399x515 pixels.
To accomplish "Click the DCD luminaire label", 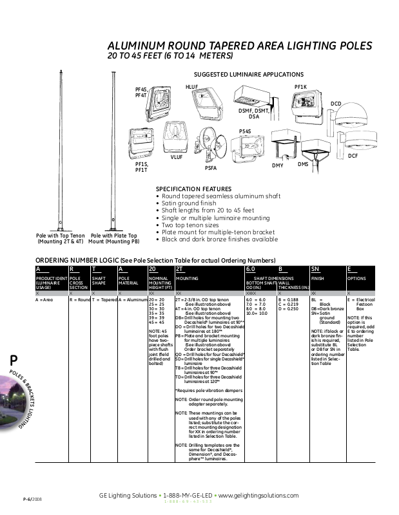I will pos(336,104).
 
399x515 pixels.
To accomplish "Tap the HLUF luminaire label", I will pos(191,86).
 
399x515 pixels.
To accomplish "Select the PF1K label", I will pos(301,86).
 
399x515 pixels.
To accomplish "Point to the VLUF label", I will pos(176,157).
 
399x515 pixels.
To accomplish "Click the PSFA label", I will pos(210,167).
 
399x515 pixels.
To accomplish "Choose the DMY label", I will pos(278,166).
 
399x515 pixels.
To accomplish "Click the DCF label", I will pos(353,156).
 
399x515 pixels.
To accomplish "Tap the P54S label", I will pos(245,131).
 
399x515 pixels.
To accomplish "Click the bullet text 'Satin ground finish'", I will pos(188,203).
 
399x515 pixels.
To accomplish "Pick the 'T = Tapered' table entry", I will pos(104,300).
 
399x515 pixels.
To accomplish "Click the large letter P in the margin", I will pos(14,361).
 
